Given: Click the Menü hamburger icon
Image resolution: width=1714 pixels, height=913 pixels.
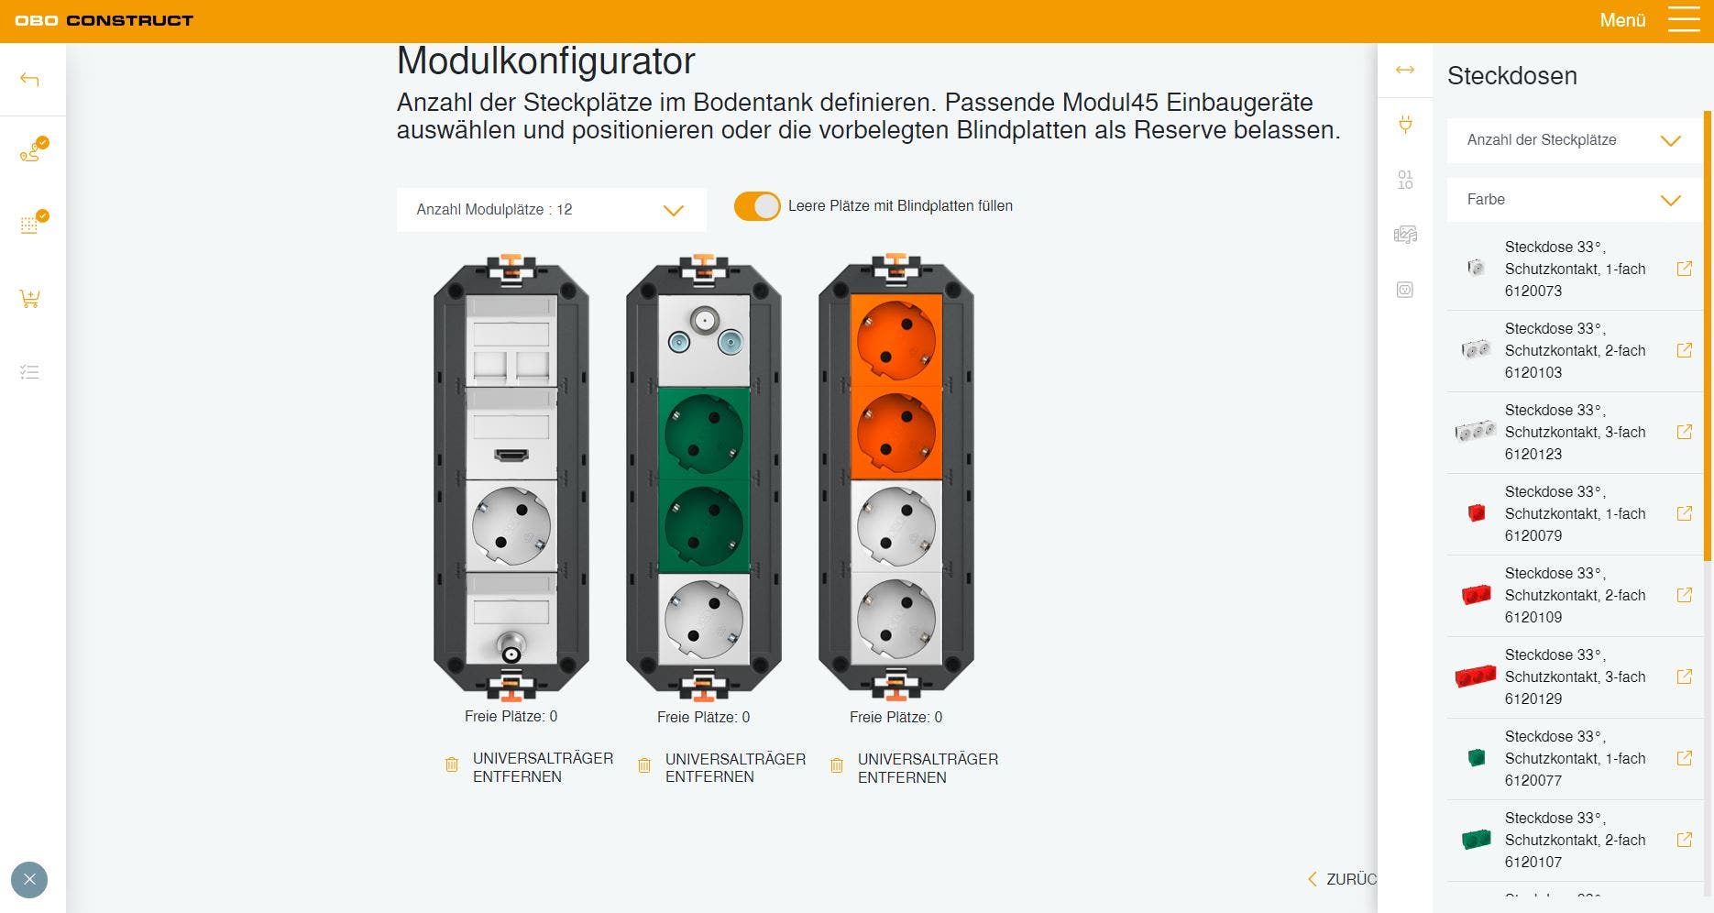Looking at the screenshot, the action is (x=1684, y=19).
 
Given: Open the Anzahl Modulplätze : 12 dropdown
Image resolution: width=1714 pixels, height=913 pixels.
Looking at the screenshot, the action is (x=551, y=210).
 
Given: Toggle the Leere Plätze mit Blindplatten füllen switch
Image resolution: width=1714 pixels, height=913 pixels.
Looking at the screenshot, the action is (x=757, y=206).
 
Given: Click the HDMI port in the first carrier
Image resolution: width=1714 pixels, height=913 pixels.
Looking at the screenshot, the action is (x=511, y=455).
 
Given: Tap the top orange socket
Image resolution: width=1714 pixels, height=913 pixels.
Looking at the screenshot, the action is (x=896, y=340).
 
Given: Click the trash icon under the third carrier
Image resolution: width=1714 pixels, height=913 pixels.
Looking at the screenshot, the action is (x=837, y=765).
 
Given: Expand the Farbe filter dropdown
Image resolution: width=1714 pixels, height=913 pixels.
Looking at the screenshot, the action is (x=1574, y=200).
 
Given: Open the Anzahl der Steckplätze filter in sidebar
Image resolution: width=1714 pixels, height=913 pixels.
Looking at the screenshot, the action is (x=1574, y=140).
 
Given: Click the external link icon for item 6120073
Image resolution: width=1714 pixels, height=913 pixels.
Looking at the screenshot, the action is (x=1685, y=269).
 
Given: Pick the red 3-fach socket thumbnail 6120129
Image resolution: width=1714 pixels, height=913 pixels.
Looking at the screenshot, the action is (x=1476, y=676).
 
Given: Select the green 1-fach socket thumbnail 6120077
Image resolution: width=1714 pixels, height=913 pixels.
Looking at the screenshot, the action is (x=1477, y=758).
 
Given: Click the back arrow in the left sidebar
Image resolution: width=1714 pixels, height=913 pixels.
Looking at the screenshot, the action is (x=29, y=80).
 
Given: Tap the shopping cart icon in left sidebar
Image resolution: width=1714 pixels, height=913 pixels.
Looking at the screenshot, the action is (x=29, y=299).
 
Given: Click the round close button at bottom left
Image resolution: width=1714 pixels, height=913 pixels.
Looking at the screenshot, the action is (x=29, y=880).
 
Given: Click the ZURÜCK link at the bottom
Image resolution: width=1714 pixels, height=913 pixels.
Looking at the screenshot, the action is (x=1344, y=879).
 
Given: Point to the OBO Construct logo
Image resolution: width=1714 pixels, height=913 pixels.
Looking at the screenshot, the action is (x=104, y=20).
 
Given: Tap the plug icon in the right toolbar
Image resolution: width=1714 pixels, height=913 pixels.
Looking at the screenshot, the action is (x=1405, y=124).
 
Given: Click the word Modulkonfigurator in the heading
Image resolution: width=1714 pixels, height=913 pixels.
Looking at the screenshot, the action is (x=546, y=61).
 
